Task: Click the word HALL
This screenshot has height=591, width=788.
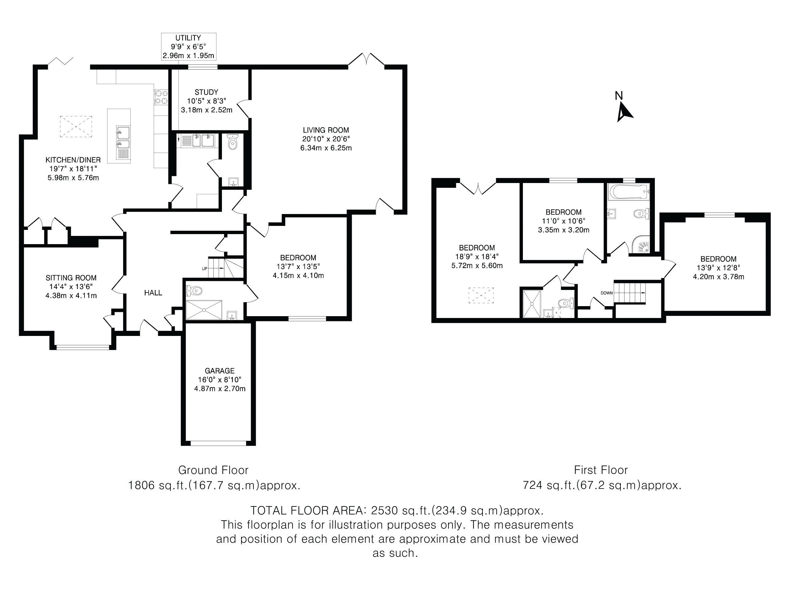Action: click(153, 293)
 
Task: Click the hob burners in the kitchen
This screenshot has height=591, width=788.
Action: click(161, 97)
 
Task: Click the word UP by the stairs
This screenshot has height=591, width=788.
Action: click(205, 269)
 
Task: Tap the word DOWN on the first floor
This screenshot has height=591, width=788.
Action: click(607, 293)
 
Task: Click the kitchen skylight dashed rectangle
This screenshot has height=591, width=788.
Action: click(76, 126)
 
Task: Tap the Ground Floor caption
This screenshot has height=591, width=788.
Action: click(213, 470)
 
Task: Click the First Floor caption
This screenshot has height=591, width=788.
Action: click(601, 470)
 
